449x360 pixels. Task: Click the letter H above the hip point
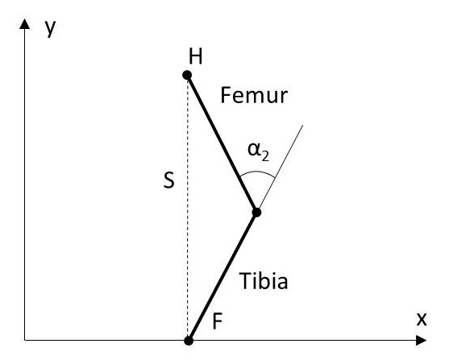click(196, 56)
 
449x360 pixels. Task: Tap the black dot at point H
click(187, 75)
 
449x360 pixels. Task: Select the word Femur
click(254, 96)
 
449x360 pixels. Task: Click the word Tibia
click(264, 281)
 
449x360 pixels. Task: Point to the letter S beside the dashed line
click(169, 180)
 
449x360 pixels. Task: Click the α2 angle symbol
click(258, 151)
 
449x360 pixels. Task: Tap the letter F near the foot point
click(218, 321)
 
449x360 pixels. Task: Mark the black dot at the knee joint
click(256, 213)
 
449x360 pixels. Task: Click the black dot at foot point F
click(189, 341)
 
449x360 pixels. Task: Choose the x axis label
click(422, 320)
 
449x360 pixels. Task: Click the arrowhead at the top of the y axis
click(25, 23)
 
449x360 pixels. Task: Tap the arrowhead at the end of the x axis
click(422, 341)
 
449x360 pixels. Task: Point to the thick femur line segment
click(222, 144)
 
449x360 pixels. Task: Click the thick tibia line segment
click(222, 277)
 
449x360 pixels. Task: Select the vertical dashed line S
click(188, 208)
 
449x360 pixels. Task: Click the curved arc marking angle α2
click(258, 172)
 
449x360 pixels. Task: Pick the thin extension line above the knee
click(280, 169)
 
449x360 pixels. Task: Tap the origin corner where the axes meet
click(25, 340)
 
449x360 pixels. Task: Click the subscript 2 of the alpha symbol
click(265, 156)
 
